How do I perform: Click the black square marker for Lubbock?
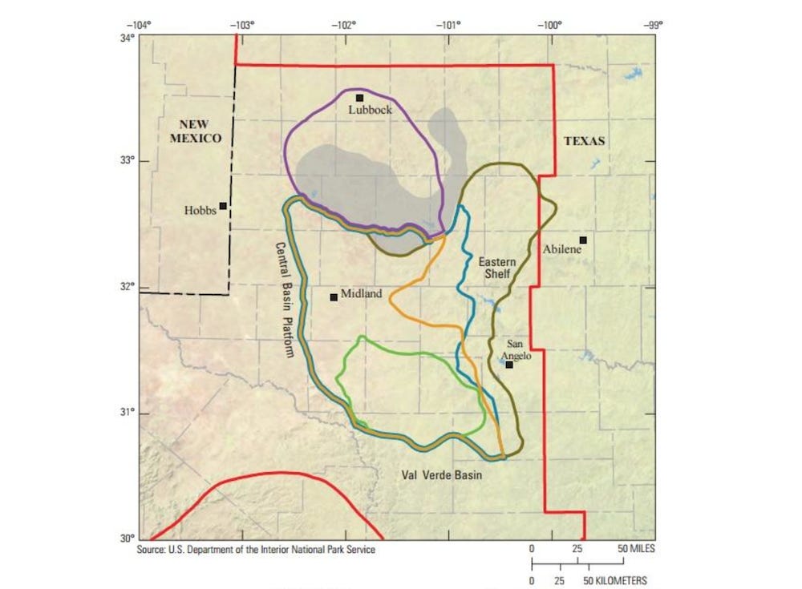pyautogui.click(x=359, y=98)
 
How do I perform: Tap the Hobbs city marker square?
pyautogui.click(x=223, y=206)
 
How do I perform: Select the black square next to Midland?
pyautogui.click(x=334, y=297)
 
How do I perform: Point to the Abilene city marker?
pyautogui.click(x=583, y=240)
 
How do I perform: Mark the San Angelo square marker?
pyautogui.click(x=509, y=365)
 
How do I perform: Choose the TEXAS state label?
pyautogui.click(x=585, y=141)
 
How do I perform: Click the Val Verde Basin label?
pyautogui.click(x=442, y=475)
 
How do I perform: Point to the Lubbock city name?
pyautogui.click(x=370, y=110)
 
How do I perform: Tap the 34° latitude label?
pyautogui.click(x=126, y=38)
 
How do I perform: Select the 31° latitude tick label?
pyautogui.click(x=126, y=413)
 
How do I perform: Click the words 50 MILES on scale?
pyautogui.click(x=634, y=549)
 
